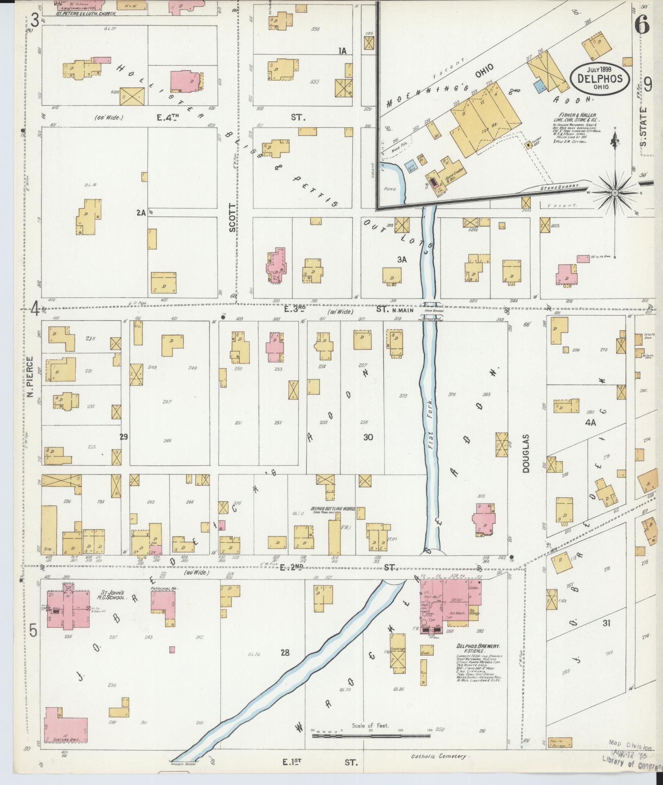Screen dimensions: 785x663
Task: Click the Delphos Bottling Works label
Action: point(333,509)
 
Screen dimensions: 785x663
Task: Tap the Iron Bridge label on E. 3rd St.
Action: point(433,310)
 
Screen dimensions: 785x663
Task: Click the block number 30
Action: point(368,437)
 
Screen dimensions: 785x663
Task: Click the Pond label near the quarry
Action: point(389,189)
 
